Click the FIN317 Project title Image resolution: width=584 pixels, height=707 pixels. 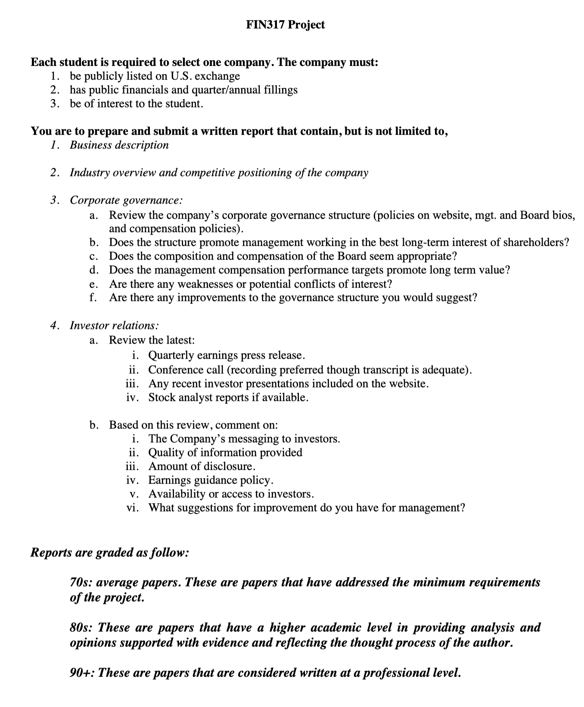[285, 25]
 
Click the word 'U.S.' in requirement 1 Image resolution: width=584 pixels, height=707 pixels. [181, 76]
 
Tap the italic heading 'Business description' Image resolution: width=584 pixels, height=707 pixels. [119, 145]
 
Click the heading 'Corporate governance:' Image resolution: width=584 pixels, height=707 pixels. [126, 200]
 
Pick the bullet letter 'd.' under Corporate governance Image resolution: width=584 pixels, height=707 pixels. [94, 270]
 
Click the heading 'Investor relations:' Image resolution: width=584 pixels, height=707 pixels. [115, 326]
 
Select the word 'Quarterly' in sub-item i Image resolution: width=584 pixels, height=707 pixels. [171, 356]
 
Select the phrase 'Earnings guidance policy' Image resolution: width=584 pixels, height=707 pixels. [211, 480]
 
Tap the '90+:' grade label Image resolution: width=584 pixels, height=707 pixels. [82, 673]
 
